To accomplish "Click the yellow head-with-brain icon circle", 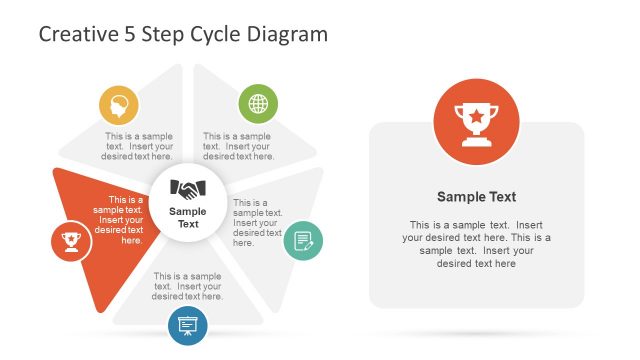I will coord(119,105).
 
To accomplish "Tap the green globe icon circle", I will coord(258,104).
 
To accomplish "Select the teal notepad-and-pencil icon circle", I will coord(303,241).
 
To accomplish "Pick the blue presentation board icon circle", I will coord(188,324).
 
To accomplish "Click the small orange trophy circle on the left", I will coord(70,240).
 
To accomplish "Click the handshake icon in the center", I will coord(188,188).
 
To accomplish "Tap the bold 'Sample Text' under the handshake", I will coord(188,217).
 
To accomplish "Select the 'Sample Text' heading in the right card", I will coord(476,197).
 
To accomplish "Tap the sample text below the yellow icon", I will coord(139,146).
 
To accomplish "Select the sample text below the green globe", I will coord(238,146).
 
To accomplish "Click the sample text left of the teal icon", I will coord(251,222).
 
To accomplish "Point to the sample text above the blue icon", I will coord(188,286).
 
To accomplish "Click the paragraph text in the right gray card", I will coord(476,244).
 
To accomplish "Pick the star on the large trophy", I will coord(476,116).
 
